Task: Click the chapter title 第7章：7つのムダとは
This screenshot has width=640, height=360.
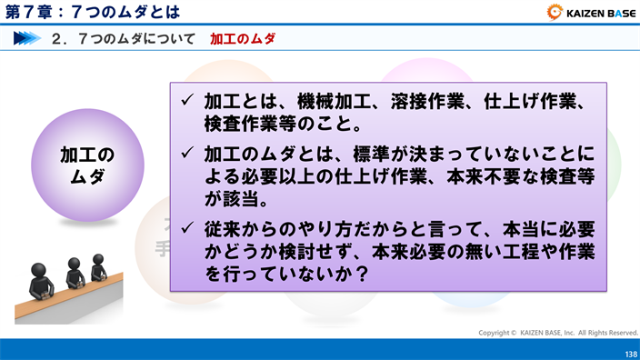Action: pos(91,12)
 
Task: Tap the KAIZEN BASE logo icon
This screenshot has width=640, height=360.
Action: pos(555,13)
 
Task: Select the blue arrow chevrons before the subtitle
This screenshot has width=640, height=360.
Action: pos(28,39)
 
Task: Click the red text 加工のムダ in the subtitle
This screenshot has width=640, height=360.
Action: pos(243,39)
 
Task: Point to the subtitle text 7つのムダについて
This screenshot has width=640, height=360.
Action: pos(135,39)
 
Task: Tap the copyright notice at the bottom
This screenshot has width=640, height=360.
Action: pos(558,333)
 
